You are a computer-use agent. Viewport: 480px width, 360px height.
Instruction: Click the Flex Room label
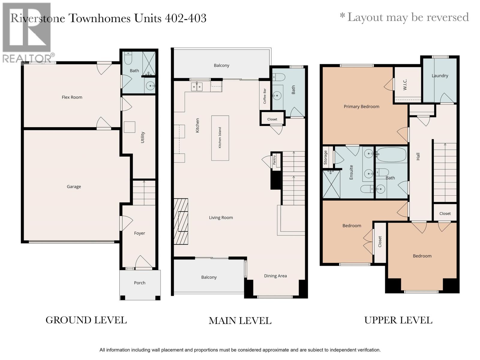click(x=72, y=97)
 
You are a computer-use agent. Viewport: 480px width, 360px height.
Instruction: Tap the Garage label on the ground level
click(x=74, y=186)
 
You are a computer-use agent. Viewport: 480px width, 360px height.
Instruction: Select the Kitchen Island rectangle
click(x=220, y=138)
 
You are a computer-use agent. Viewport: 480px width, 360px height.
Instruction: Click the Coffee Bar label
click(x=265, y=96)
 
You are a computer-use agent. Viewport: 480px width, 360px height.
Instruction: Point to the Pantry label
click(x=274, y=160)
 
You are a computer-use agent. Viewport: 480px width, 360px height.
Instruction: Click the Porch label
click(x=139, y=283)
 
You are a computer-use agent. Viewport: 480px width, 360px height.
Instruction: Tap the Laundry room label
click(x=440, y=76)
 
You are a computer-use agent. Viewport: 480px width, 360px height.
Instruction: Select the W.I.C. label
click(x=405, y=85)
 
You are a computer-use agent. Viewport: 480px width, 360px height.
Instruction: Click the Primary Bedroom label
click(x=361, y=106)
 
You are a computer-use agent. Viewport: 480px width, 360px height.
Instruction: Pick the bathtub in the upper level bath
click(x=391, y=154)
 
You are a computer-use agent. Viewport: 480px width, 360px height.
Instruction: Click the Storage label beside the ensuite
click(x=325, y=157)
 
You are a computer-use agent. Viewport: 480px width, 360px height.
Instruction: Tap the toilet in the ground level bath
click(x=128, y=58)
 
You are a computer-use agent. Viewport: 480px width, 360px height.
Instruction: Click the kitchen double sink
click(x=196, y=87)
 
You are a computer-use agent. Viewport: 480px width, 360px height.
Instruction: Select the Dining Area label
click(x=275, y=276)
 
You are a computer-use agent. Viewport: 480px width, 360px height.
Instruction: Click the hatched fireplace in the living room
click(x=181, y=221)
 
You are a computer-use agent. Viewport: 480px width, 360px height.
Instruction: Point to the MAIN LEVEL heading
click(x=240, y=321)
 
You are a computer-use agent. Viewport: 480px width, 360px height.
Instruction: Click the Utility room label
click(x=142, y=137)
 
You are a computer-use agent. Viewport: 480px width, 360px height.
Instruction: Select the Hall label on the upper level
click(x=418, y=157)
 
